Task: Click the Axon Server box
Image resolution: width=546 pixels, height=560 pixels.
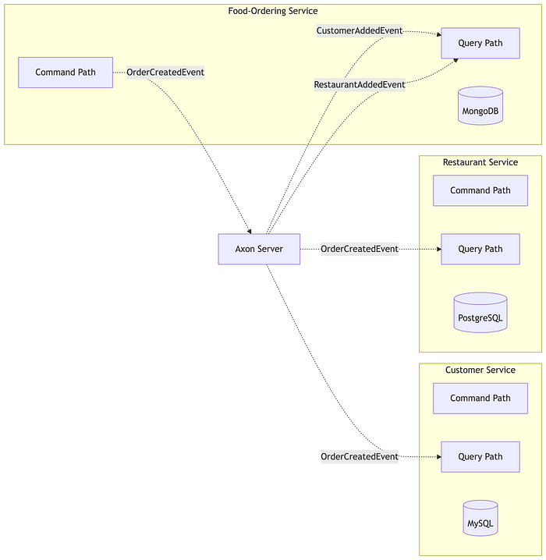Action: pyautogui.click(x=259, y=249)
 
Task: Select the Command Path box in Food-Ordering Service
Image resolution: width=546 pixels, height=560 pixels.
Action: pyautogui.click(x=66, y=72)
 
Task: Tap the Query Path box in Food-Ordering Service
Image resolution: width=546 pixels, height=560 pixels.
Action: pyautogui.click(x=480, y=43)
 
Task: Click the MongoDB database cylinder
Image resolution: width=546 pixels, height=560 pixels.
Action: pyautogui.click(x=480, y=106)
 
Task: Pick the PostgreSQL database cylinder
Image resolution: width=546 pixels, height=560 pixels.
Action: pyautogui.click(x=480, y=313)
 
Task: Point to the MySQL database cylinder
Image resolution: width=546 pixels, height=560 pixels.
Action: pyautogui.click(x=480, y=518)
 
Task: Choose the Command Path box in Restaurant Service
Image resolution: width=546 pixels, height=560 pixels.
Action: pyautogui.click(x=480, y=190)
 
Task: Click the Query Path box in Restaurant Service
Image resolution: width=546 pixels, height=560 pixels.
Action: pyautogui.click(x=480, y=249)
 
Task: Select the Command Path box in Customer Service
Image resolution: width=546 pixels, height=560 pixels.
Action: pyautogui.click(x=480, y=399)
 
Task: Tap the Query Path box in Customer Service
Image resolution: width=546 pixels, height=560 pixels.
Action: pyautogui.click(x=480, y=457)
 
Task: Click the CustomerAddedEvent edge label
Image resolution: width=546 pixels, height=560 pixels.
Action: pyautogui.click(x=360, y=30)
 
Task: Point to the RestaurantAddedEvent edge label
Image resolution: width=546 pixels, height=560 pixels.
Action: pyautogui.click(x=360, y=85)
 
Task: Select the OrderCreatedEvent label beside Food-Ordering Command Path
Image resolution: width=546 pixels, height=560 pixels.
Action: pyautogui.click(x=165, y=72)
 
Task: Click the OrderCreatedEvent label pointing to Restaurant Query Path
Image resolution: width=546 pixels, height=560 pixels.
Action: pyautogui.click(x=360, y=249)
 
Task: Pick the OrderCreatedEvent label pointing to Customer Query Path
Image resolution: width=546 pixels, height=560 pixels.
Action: pyautogui.click(x=360, y=457)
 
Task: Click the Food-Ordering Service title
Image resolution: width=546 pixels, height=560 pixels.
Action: pyautogui.click(x=273, y=11)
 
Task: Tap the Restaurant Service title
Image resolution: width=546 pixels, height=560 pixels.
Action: pyautogui.click(x=480, y=162)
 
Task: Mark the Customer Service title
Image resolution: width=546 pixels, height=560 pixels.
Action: pyautogui.click(x=480, y=370)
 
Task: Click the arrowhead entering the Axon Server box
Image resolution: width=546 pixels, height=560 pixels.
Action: pyautogui.click(x=250, y=232)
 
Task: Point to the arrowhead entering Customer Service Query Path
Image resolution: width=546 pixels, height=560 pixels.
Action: pyautogui.click(x=439, y=457)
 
